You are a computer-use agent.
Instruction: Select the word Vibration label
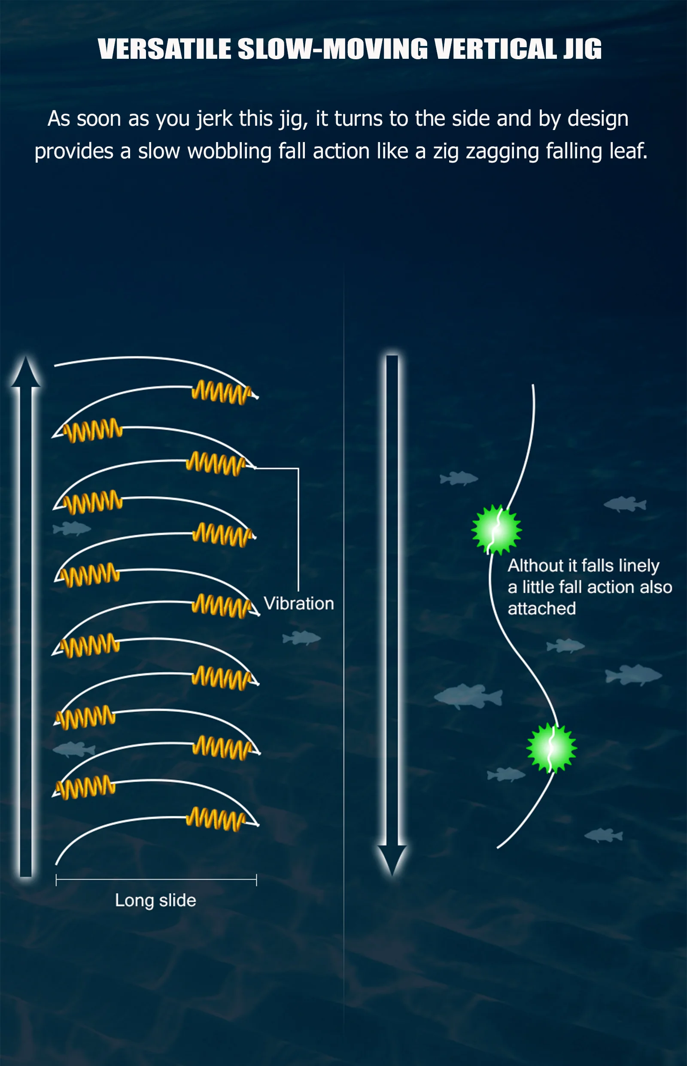click(298, 604)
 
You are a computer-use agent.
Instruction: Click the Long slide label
click(155, 900)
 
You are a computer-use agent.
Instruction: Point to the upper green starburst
click(496, 530)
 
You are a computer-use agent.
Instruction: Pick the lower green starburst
click(551, 748)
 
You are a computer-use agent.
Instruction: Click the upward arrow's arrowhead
click(26, 372)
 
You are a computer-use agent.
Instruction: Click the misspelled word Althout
click(535, 565)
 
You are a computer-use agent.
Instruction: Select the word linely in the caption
click(639, 565)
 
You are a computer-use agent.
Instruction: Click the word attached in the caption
click(541, 609)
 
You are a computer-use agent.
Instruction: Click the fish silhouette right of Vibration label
click(301, 638)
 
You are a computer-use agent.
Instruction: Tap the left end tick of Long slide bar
click(56, 880)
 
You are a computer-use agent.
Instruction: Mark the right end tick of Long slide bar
click(256, 880)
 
